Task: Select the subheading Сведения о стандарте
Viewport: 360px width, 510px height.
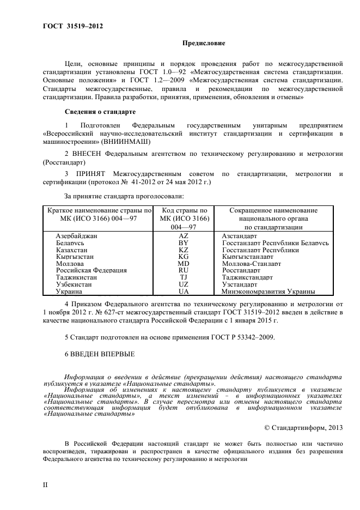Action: tap(96, 112)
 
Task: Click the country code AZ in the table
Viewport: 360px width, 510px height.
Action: tap(184, 235)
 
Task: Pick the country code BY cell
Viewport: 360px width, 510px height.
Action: tap(184, 242)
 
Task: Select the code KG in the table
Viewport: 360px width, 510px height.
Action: tap(184, 256)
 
